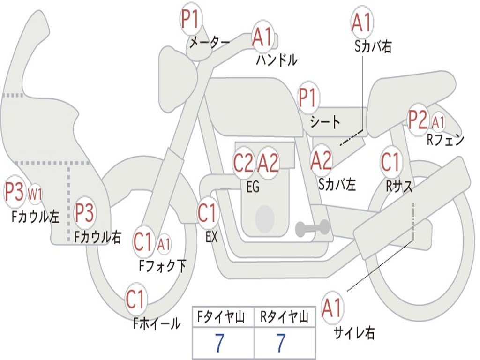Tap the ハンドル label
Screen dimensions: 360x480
[x=277, y=60]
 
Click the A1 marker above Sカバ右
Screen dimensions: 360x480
[x=361, y=22]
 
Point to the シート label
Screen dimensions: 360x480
[x=325, y=122]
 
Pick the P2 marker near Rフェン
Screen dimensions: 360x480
[x=418, y=120]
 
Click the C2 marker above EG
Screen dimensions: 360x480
[x=243, y=163]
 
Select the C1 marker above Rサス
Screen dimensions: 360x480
[x=390, y=162]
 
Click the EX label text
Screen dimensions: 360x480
[x=212, y=237]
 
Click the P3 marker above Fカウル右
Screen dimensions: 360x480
[x=85, y=212]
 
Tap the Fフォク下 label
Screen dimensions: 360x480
[x=163, y=266]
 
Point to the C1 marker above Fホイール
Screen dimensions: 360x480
[x=136, y=299]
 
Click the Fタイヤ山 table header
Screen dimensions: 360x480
[x=223, y=318]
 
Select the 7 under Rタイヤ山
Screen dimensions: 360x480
[x=281, y=344]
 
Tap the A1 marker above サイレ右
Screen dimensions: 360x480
[x=332, y=308]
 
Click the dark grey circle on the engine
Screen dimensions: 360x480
[x=265, y=217]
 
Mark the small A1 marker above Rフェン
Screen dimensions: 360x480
[x=439, y=123]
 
